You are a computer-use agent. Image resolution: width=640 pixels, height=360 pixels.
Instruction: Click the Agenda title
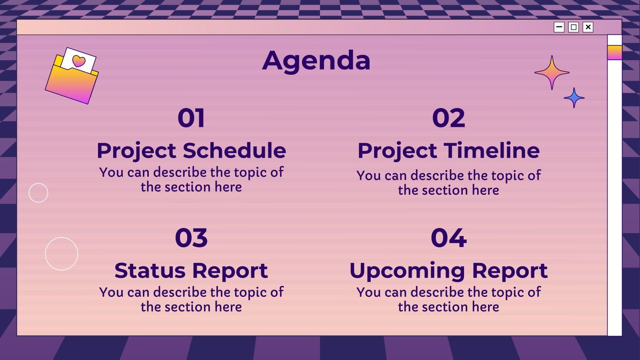(x=316, y=61)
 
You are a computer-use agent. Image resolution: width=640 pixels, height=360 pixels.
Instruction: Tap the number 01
(x=191, y=118)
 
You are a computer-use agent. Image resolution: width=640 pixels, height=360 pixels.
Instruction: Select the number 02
(x=448, y=118)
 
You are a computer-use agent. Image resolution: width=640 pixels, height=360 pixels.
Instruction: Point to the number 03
(x=191, y=238)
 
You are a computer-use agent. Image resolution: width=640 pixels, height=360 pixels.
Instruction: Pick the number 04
(x=448, y=238)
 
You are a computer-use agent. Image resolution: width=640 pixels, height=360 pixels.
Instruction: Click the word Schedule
(x=234, y=151)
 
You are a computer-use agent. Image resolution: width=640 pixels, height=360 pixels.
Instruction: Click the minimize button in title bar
(x=559, y=27)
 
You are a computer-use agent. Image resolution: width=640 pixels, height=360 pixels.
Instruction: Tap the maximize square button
(x=574, y=27)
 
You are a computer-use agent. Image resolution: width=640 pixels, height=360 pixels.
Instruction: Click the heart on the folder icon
(x=79, y=61)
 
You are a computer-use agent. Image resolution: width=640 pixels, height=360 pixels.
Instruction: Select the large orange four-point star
(x=552, y=72)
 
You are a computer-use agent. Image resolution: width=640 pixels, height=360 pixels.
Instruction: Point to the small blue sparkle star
(x=574, y=98)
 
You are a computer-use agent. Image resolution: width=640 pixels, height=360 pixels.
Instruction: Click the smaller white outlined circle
(x=38, y=193)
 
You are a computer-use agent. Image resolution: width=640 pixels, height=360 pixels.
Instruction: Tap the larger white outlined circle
(x=62, y=254)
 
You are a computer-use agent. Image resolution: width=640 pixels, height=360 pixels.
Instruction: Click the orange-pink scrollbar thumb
(x=614, y=52)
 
